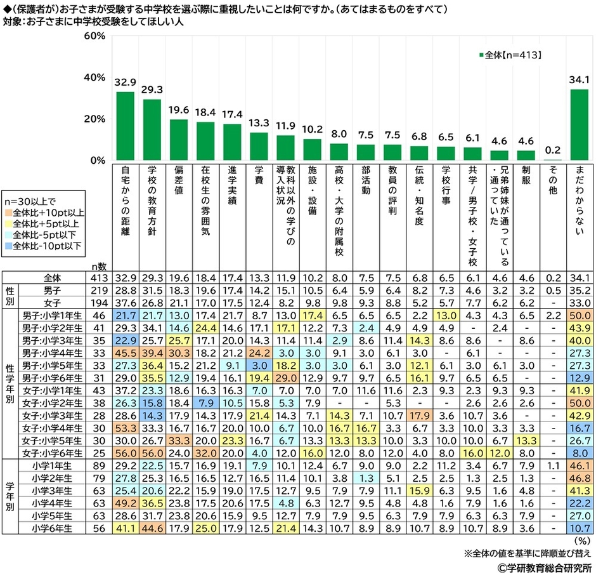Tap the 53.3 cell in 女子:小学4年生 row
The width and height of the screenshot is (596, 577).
tap(125, 428)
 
